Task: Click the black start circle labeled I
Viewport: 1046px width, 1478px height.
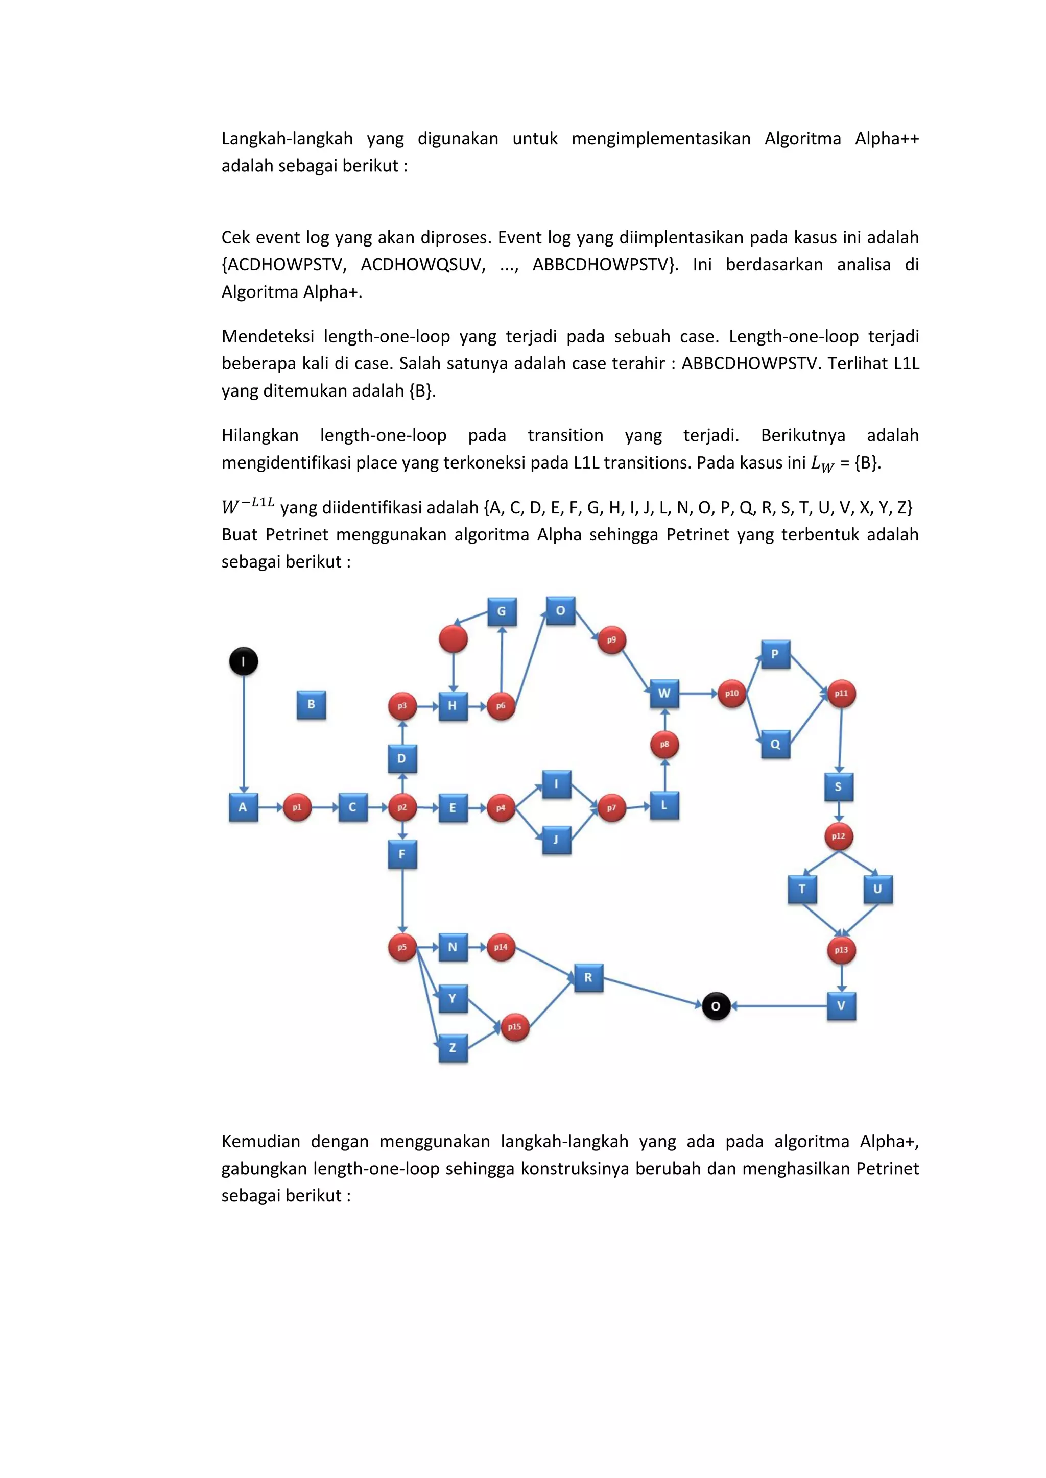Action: pos(244,661)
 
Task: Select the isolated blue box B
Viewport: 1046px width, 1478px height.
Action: pos(311,704)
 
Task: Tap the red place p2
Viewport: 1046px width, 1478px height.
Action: pos(402,807)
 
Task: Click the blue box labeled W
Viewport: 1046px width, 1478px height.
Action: pos(664,693)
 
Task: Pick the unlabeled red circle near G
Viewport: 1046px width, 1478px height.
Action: pos(453,638)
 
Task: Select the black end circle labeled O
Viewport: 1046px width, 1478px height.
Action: pos(716,1006)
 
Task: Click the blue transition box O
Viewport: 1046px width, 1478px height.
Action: pos(560,611)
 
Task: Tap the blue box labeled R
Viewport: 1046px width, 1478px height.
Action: pos(588,978)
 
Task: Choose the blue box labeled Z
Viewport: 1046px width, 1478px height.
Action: pos(453,1047)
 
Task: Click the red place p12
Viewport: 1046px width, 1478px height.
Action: pos(839,836)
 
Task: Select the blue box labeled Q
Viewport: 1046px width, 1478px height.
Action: pos(775,744)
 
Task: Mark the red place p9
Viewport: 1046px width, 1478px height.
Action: pos(611,640)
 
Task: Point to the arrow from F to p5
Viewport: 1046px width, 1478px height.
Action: pos(402,901)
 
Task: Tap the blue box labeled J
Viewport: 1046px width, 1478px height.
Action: pos(557,840)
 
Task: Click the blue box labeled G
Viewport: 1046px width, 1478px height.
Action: pos(502,611)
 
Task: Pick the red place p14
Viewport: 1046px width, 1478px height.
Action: pos(501,947)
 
